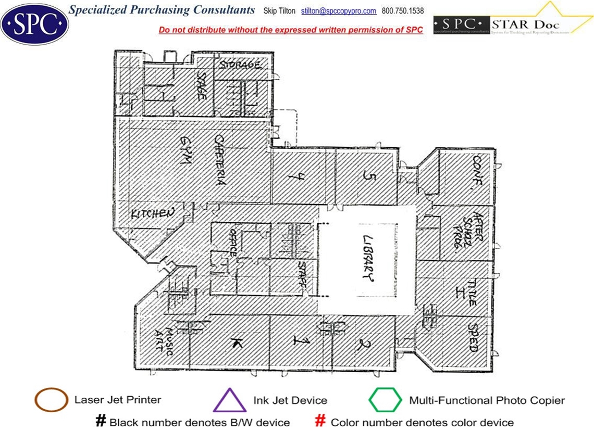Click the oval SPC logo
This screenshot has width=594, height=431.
coord(34,24)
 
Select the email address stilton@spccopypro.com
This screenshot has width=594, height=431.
coord(339,11)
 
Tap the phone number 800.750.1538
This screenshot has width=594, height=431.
coord(403,11)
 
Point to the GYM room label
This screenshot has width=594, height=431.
coord(184,150)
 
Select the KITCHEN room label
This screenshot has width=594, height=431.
coord(152,213)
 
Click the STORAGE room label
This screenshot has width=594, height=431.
coord(239,65)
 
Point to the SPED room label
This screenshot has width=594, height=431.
coord(473,338)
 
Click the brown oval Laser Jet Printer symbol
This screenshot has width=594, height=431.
coord(51,400)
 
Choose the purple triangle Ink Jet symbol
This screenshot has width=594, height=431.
coord(230,400)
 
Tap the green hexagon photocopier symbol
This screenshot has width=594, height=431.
coord(385,400)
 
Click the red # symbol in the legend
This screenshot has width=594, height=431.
coord(321,421)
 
